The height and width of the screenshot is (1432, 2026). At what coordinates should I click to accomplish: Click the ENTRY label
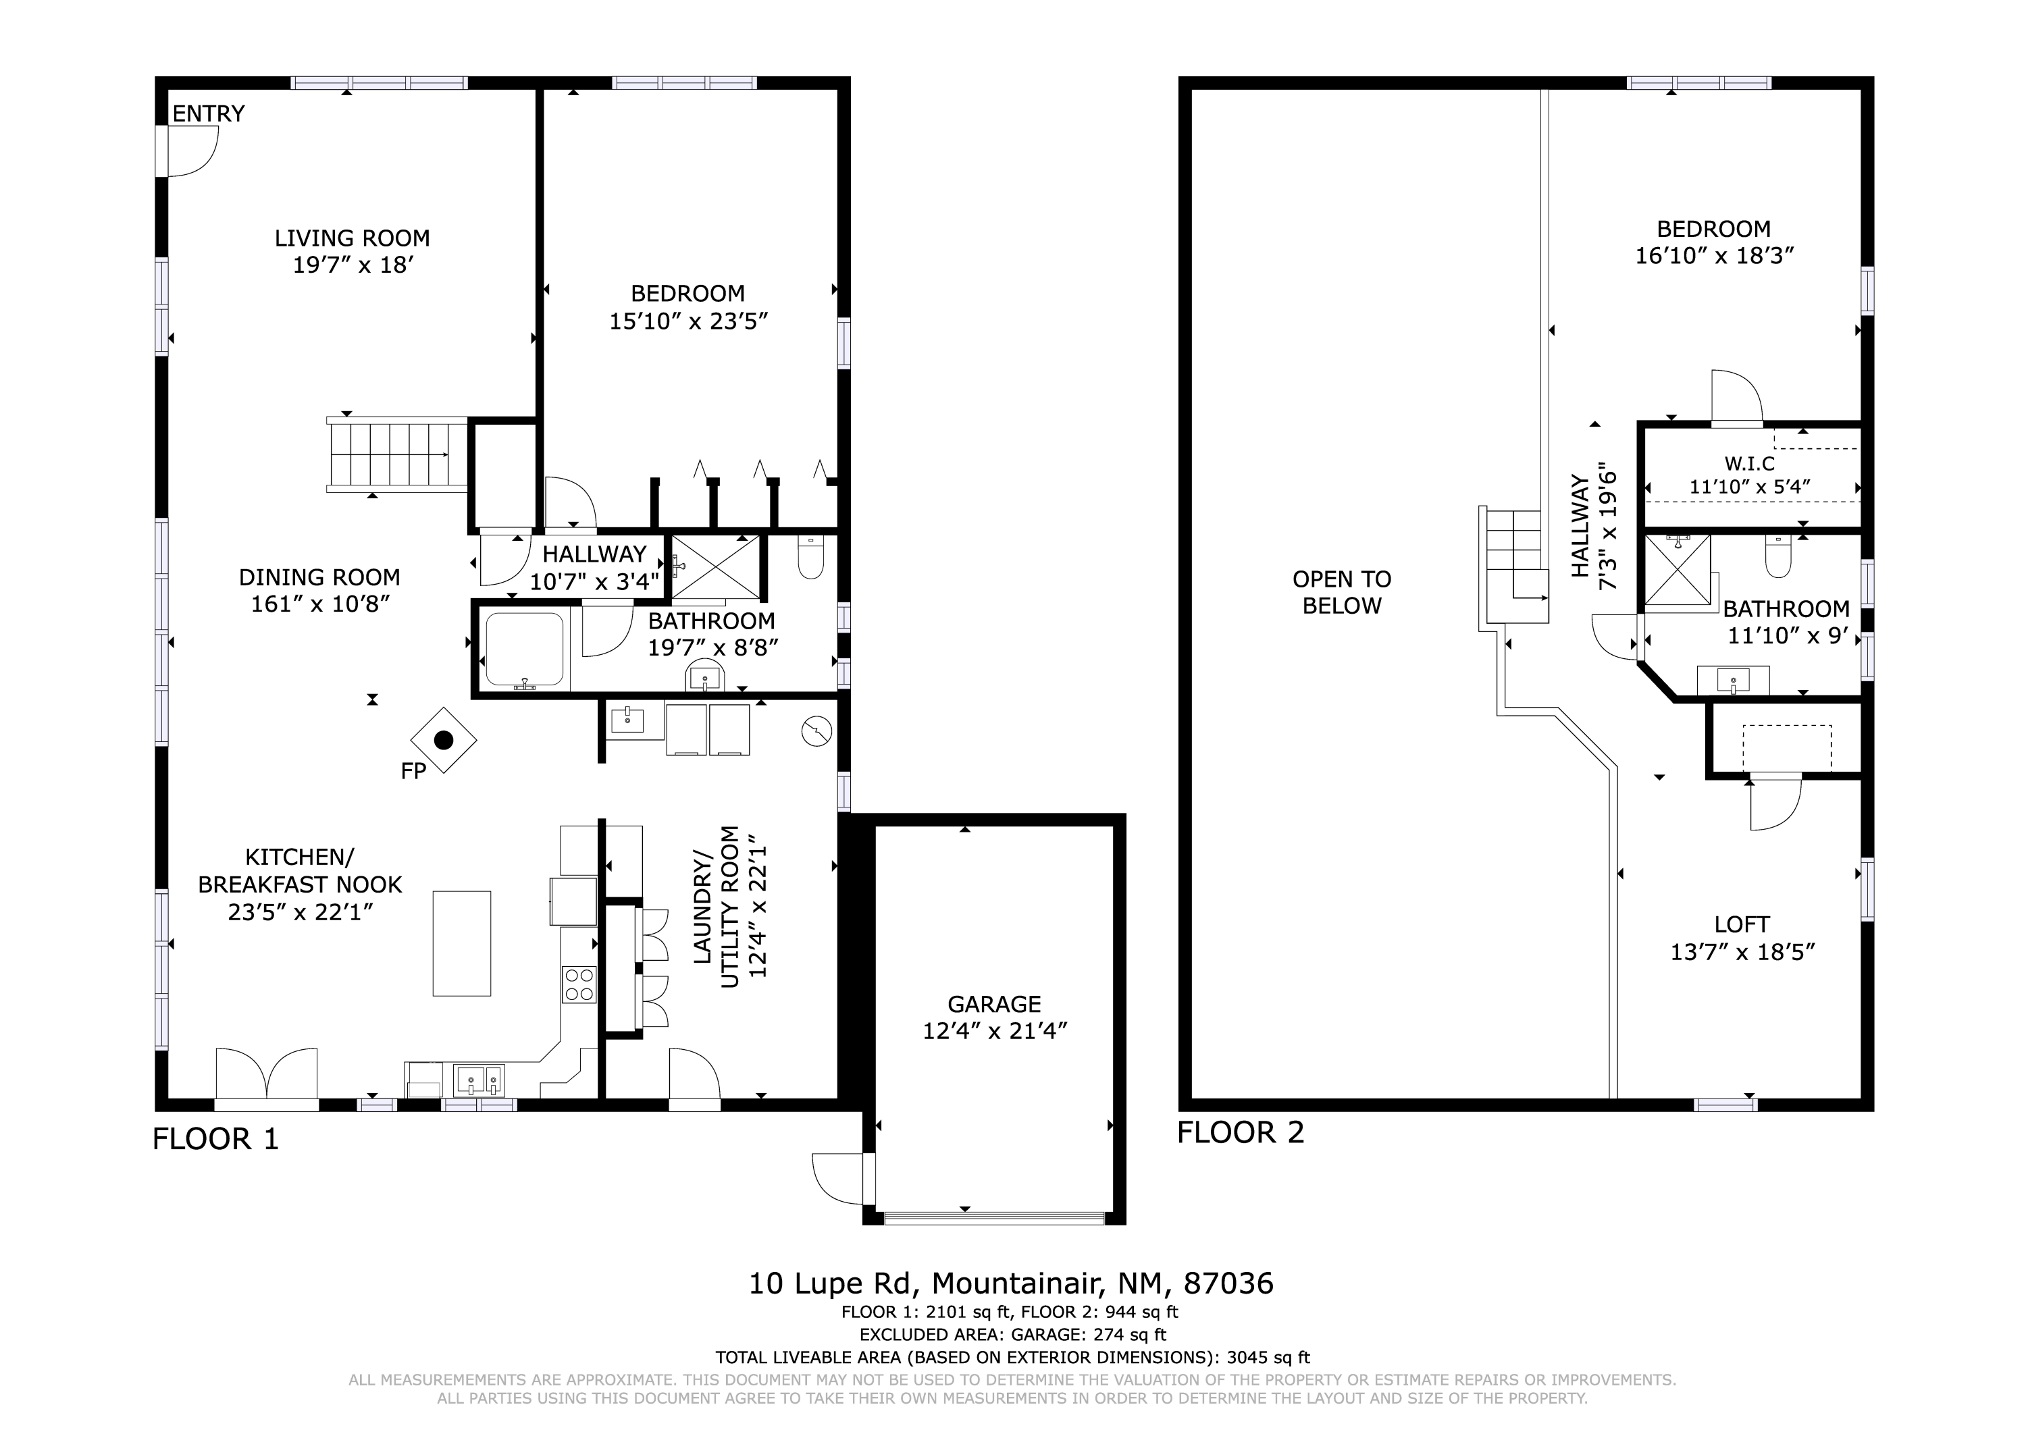(x=208, y=114)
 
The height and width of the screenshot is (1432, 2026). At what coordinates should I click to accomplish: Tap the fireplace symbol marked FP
(x=444, y=740)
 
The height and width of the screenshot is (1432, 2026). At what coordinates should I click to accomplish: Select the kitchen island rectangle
(x=461, y=943)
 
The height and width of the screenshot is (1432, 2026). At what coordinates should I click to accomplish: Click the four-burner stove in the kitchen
(x=579, y=984)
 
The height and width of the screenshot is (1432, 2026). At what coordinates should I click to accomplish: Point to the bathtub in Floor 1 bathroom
(x=525, y=649)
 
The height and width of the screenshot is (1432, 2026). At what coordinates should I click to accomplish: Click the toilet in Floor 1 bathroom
(x=810, y=556)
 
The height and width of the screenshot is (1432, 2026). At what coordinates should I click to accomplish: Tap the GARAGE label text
(x=995, y=1004)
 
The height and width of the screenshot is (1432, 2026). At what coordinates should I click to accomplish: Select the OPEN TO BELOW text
(x=1342, y=593)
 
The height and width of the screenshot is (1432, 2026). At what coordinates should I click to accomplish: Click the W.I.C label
(x=1750, y=464)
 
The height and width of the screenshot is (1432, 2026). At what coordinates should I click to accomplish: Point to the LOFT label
(x=1742, y=925)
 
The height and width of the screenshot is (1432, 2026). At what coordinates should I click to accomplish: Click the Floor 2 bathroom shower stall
(x=1678, y=573)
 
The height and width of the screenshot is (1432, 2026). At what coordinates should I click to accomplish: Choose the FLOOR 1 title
(x=216, y=1139)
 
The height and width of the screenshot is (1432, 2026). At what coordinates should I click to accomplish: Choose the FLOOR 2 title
(x=1241, y=1132)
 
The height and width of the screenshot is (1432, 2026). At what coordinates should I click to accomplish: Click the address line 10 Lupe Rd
(x=1011, y=1283)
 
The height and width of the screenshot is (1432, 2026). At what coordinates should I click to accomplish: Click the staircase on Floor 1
(x=397, y=454)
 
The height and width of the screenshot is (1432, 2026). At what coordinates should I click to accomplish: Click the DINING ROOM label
(x=319, y=577)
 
